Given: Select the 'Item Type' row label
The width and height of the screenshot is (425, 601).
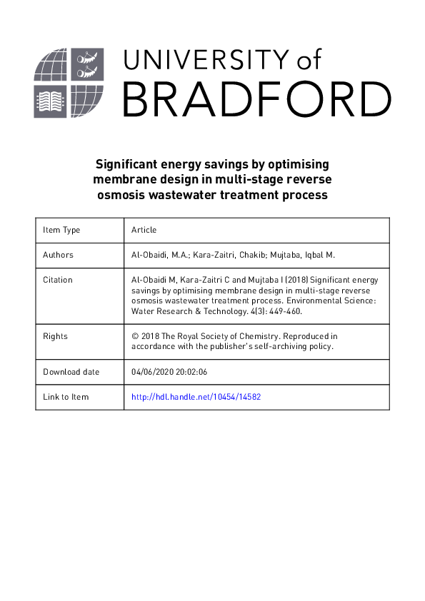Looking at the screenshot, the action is pyautogui.click(x=61, y=230).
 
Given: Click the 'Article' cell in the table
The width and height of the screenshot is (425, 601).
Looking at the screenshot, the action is pyautogui.click(x=144, y=230).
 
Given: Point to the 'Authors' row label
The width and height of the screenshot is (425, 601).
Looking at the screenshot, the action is pyautogui.click(x=58, y=255).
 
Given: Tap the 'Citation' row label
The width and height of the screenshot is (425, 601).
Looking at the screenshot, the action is pyautogui.click(x=58, y=280).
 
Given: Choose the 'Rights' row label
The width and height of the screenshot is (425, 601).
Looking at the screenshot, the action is pyautogui.click(x=55, y=335).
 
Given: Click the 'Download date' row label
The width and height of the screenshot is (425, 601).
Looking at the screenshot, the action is pyautogui.click(x=71, y=372).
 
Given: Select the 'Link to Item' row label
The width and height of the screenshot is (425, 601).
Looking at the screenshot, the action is pyautogui.click(x=66, y=397).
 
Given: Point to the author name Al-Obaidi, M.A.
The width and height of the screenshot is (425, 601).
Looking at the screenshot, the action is pyautogui.click(x=159, y=255).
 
